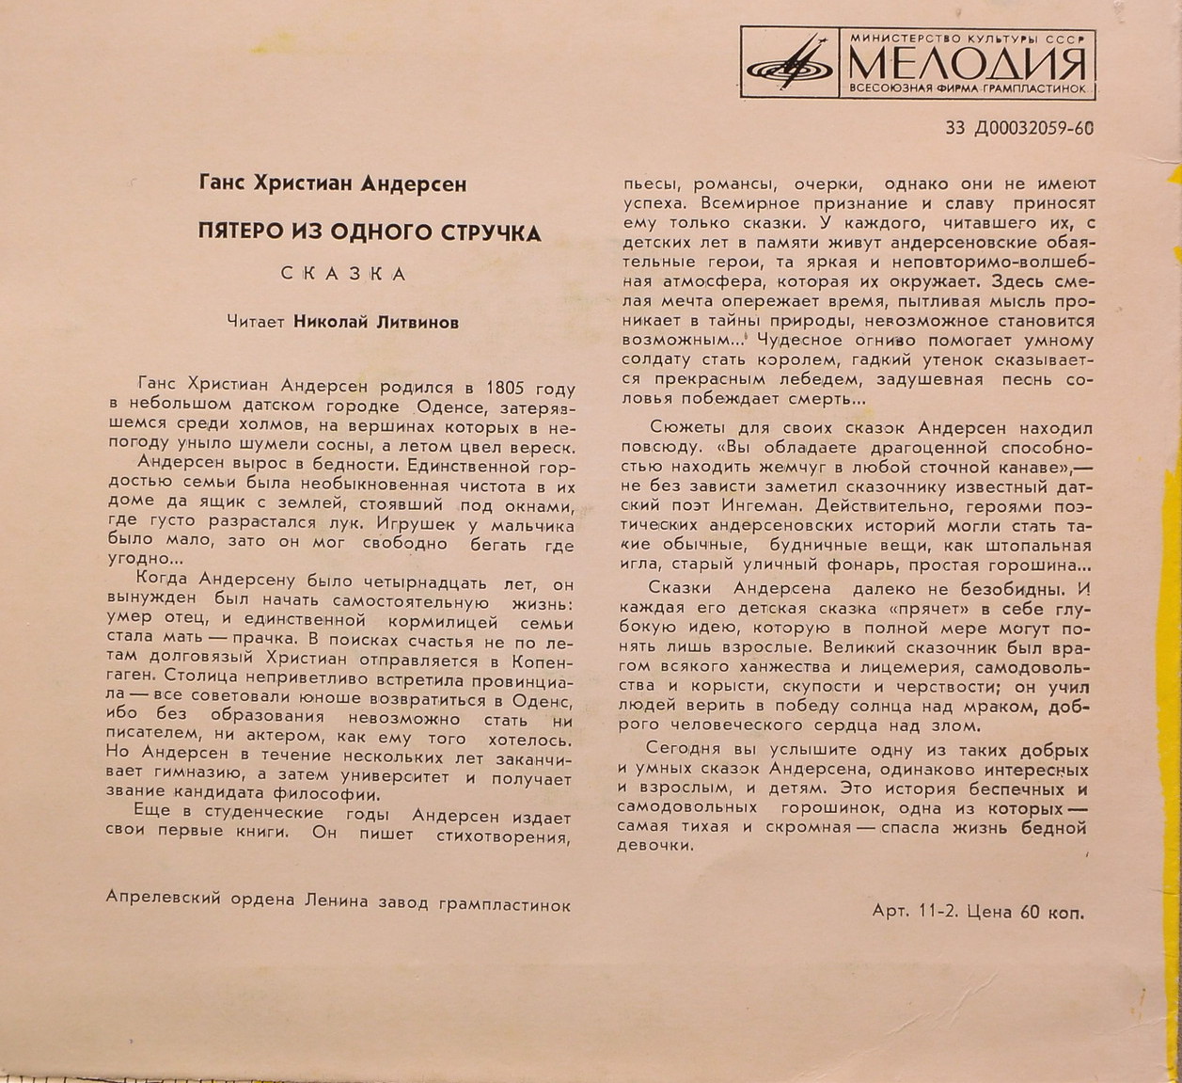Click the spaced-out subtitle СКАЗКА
click(x=344, y=274)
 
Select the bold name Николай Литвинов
click(x=376, y=321)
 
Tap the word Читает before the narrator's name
click(x=257, y=321)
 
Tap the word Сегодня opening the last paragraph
click(x=684, y=748)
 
